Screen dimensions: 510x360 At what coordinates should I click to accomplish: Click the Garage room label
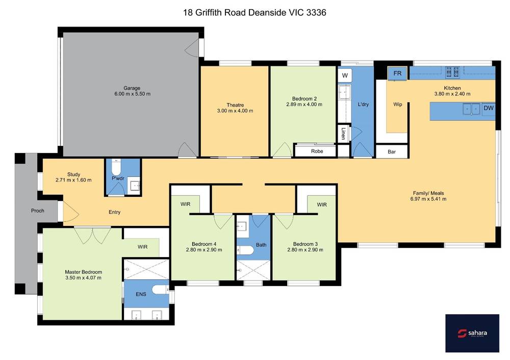pyautogui.click(x=132, y=88)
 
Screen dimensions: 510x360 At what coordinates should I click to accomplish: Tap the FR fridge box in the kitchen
pyautogui.click(x=397, y=73)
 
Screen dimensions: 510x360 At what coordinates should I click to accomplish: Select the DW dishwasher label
pyautogui.click(x=489, y=108)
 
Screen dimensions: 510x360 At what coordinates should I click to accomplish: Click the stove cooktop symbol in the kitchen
pyautogui.click(x=452, y=72)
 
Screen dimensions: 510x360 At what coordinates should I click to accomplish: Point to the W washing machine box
pyautogui.click(x=345, y=75)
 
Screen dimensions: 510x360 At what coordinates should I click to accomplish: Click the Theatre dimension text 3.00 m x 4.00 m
pyautogui.click(x=235, y=111)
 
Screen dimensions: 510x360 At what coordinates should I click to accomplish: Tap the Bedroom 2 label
pyautogui.click(x=304, y=98)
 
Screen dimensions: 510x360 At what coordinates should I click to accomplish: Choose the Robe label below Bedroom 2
pyautogui.click(x=317, y=151)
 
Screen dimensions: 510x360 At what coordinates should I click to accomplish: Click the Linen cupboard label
pyautogui.click(x=343, y=133)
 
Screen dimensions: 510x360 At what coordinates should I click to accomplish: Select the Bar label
pyautogui.click(x=392, y=152)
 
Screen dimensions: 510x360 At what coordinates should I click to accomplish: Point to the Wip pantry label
pyautogui.click(x=397, y=105)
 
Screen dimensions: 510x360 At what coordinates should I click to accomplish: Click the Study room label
pyautogui.click(x=73, y=174)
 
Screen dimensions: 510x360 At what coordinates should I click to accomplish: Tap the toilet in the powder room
pyautogui.click(x=116, y=167)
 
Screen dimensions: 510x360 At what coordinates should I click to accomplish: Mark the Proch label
pyautogui.click(x=38, y=211)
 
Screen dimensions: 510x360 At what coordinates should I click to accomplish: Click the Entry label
pyautogui.click(x=114, y=212)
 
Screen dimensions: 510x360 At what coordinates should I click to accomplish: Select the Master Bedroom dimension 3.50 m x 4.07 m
pyautogui.click(x=83, y=278)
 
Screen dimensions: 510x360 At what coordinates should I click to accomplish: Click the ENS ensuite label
pyautogui.click(x=141, y=294)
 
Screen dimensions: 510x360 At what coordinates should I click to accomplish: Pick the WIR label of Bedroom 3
pyautogui.click(x=322, y=204)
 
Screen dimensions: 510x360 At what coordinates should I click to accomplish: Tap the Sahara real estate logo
pyautogui.click(x=472, y=333)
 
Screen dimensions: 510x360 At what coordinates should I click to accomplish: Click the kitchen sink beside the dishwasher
pyautogui.click(x=471, y=109)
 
